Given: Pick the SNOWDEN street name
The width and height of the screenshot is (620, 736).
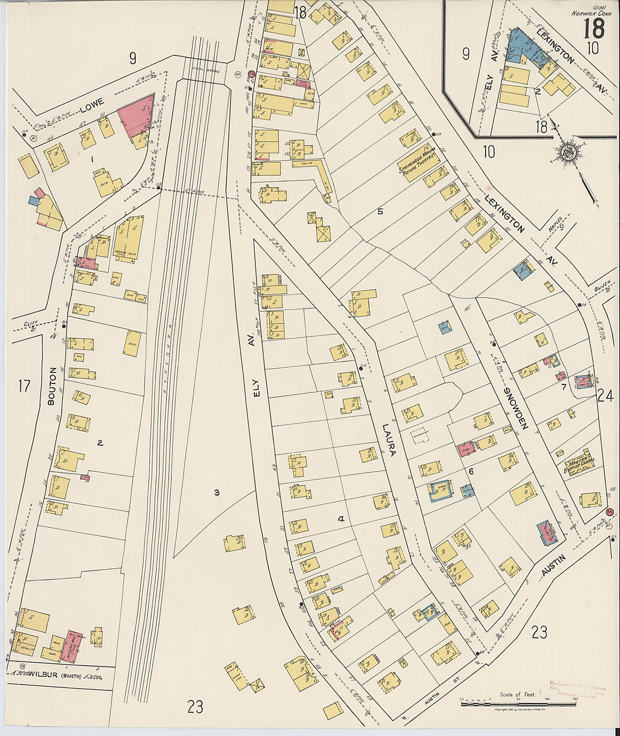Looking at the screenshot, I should (514, 408).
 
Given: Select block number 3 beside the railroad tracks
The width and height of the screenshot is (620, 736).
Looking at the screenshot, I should (216, 493).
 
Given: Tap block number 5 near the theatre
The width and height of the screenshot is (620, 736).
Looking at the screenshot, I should (380, 211).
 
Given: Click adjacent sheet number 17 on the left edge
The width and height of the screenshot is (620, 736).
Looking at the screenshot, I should (24, 386).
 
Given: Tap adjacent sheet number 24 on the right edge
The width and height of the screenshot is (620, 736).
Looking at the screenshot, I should (605, 396).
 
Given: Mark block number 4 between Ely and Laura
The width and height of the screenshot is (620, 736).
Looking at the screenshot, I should (340, 519).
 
